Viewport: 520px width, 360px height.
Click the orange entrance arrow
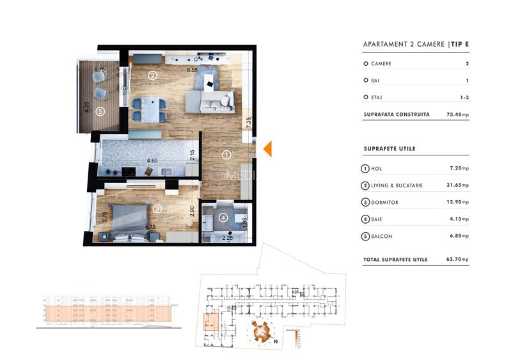(x=269, y=148)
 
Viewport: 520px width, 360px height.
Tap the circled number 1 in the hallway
(x=226, y=154)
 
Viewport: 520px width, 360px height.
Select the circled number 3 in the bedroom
(x=158, y=208)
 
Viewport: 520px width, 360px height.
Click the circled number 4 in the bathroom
(x=223, y=217)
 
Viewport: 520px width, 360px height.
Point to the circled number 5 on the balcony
(x=99, y=111)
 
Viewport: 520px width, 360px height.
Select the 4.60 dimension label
(x=152, y=161)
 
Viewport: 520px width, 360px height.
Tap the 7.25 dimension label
(x=247, y=122)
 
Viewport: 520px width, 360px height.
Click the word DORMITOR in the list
(x=384, y=203)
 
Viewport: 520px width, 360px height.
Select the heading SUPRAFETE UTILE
(x=389, y=148)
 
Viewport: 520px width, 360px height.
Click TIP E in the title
(x=460, y=44)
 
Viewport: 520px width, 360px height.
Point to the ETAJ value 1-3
(x=464, y=98)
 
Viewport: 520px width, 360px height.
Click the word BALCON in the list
(x=382, y=237)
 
